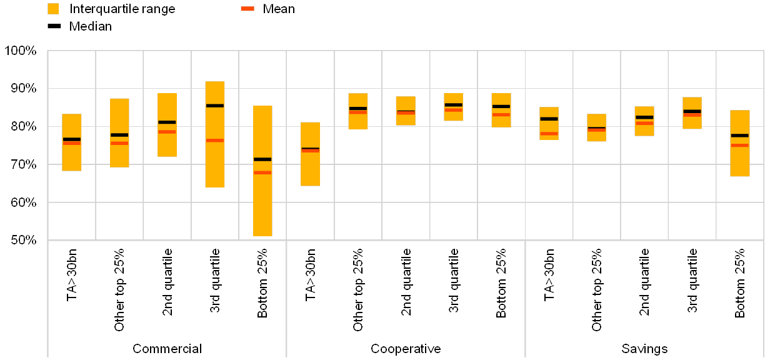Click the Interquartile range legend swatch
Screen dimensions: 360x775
53,9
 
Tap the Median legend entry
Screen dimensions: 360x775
91,26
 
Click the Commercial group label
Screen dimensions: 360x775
166,349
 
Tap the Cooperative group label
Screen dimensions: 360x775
406,349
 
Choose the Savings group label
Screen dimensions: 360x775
644,349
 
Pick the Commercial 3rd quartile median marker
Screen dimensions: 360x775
215,106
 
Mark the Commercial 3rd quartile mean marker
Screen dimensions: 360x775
215,140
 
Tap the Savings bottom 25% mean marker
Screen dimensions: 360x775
740,145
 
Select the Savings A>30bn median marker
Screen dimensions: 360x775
549,119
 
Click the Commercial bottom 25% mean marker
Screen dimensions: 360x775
262,172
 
